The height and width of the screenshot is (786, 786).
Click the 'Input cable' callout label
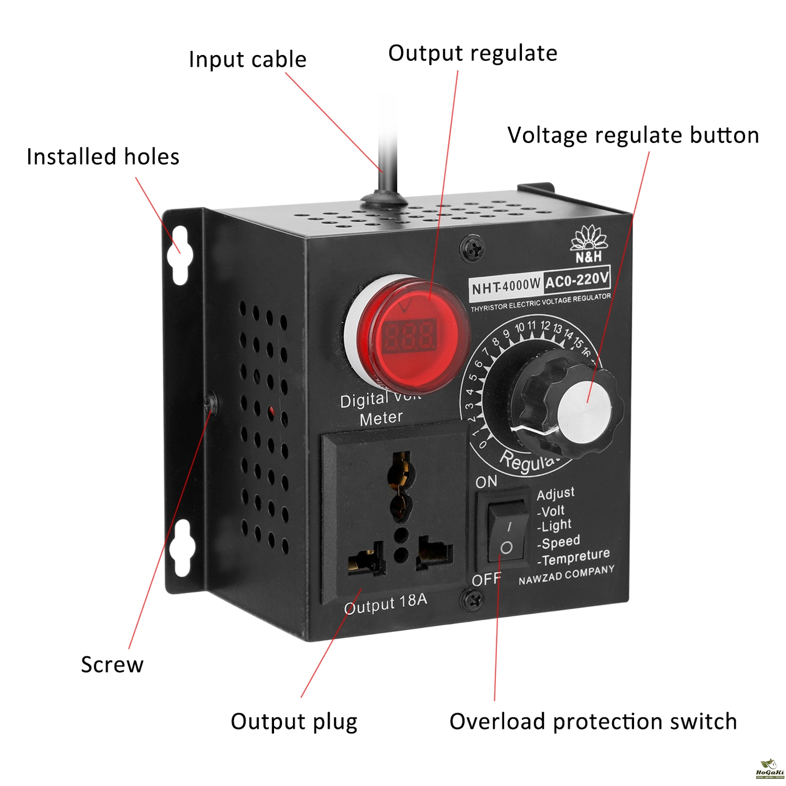pyautogui.click(x=247, y=59)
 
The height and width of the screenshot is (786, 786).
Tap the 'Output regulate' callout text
pyautogui.click(x=473, y=53)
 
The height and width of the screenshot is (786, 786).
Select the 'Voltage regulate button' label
pyautogui.click(x=633, y=135)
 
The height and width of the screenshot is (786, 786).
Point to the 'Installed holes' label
pyautogui.click(x=103, y=157)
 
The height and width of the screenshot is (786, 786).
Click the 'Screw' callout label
pyautogui.click(x=112, y=664)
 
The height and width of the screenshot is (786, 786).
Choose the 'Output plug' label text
pyautogui.click(x=294, y=722)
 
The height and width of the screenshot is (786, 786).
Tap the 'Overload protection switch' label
pyautogui.click(x=593, y=722)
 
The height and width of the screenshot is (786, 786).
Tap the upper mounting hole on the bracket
pyautogui.click(x=179, y=255)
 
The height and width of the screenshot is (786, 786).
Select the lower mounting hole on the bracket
pyautogui.click(x=179, y=548)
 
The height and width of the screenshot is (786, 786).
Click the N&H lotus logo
pyautogui.click(x=589, y=244)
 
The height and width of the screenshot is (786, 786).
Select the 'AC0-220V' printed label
pyautogui.click(x=576, y=279)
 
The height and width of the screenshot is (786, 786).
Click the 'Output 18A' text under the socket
pyautogui.click(x=385, y=604)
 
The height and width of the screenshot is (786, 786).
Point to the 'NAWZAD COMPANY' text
pyautogui.click(x=566, y=575)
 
